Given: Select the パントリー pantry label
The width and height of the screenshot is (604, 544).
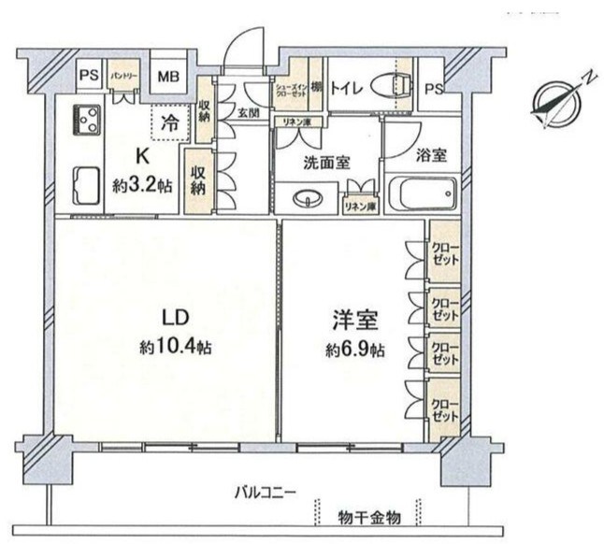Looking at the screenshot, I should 123,73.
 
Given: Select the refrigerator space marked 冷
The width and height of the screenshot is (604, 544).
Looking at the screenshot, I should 169,122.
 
